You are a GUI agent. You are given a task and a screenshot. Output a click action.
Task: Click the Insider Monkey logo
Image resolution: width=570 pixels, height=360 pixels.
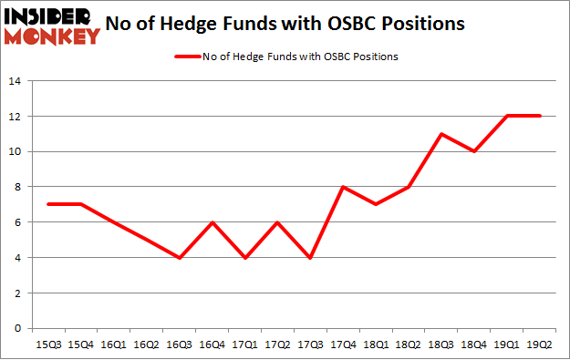[51, 25]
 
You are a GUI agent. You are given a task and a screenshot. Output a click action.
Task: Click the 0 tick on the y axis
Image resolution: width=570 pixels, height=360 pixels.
[18, 328]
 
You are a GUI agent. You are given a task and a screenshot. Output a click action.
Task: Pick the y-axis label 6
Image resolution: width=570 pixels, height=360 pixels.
[18, 222]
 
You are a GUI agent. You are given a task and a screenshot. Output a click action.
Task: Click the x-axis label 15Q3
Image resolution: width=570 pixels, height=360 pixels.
[47, 345]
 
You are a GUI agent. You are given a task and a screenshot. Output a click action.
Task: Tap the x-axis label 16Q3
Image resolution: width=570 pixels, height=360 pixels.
[179, 345]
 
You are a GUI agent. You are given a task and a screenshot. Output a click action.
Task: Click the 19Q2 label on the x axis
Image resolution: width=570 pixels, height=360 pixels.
[540, 345]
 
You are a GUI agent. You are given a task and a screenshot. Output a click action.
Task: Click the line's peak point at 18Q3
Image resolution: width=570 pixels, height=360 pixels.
[441, 134]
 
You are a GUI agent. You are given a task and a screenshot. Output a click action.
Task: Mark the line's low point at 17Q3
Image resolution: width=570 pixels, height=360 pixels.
[310, 258]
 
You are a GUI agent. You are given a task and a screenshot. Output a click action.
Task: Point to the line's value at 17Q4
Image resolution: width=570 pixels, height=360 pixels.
[343, 187]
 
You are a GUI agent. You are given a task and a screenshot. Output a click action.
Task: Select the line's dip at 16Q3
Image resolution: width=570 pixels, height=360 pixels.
[179, 258]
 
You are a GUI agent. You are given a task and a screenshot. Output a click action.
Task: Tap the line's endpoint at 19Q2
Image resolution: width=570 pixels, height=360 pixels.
[540, 116]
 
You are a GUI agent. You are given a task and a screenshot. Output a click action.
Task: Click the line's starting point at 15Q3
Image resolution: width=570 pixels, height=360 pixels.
[47, 204]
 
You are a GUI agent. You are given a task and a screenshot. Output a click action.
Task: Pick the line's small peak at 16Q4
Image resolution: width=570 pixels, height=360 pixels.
[212, 222]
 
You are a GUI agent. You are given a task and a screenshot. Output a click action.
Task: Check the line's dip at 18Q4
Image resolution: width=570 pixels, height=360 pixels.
[474, 151]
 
